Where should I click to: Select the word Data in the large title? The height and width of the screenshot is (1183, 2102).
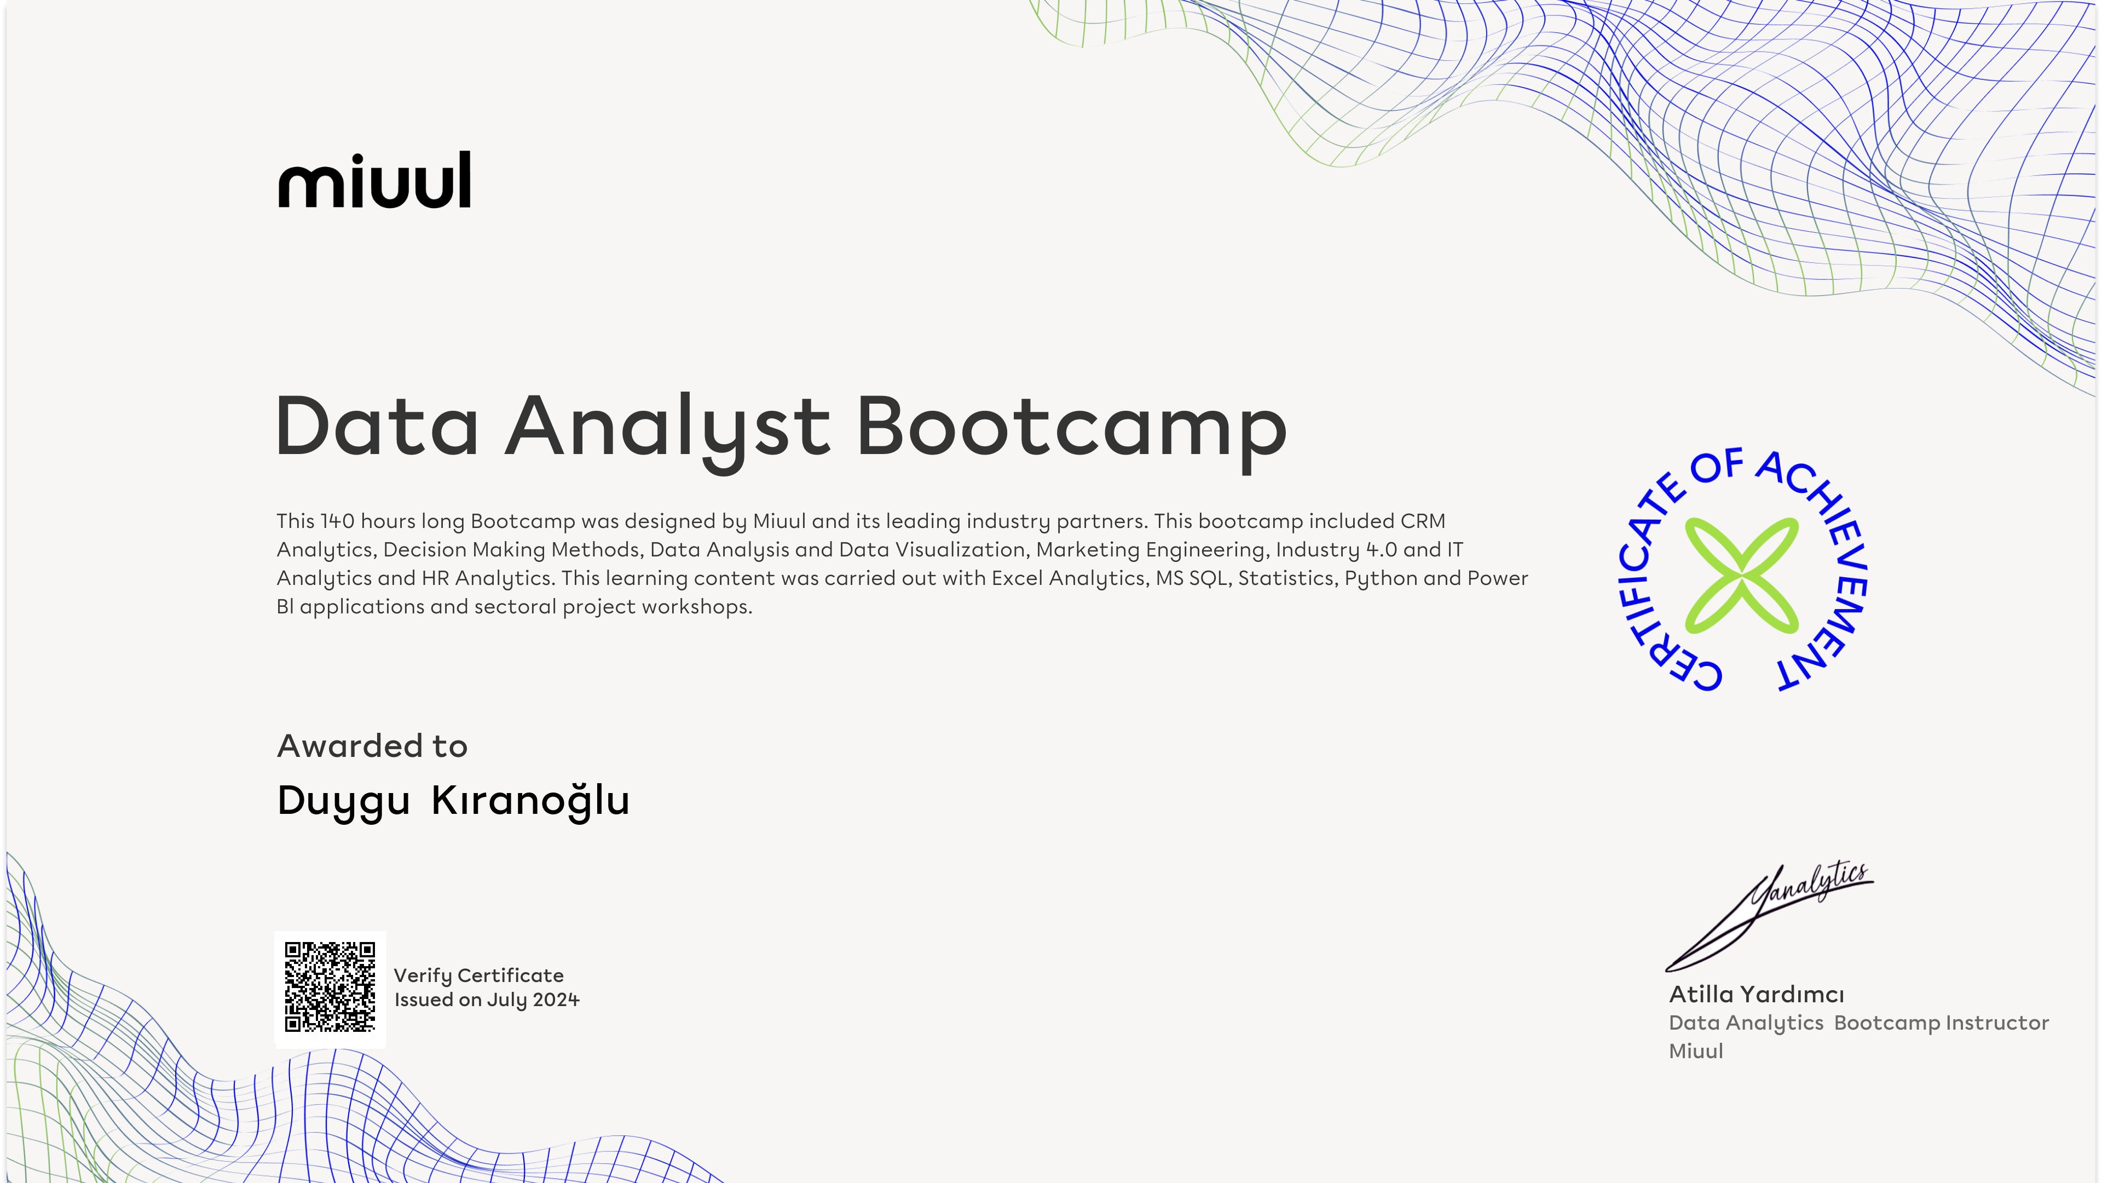coord(377,426)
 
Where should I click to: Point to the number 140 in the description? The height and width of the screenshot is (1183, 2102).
coord(337,521)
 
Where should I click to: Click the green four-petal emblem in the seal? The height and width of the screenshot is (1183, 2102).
coord(1741,575)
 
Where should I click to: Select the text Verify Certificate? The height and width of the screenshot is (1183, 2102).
coord(479,975)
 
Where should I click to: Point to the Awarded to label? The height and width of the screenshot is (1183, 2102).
coord(372,745)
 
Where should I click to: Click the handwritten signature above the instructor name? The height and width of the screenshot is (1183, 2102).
coord(1769,916)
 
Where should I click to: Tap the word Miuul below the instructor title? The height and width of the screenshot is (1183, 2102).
coord(1696,1051)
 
